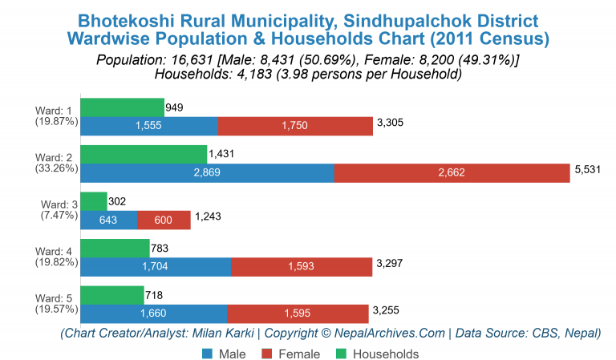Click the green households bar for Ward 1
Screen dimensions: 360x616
coord(122,107)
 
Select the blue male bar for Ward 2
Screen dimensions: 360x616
coord(207,173)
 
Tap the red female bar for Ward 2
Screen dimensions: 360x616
coord(452,173)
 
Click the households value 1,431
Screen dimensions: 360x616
coord(222,153)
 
